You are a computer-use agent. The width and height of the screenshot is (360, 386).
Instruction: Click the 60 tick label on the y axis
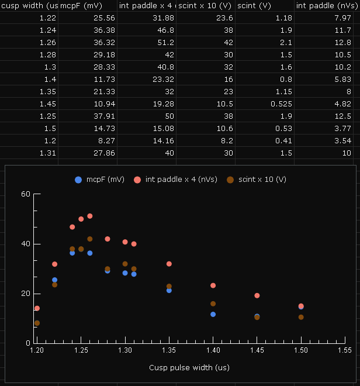tap(25, 194)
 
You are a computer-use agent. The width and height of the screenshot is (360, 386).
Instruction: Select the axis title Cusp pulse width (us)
tap(189, 368)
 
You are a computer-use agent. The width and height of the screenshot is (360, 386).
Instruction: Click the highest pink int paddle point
tap(90, 216)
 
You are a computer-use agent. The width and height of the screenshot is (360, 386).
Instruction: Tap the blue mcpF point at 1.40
tap(213, 314)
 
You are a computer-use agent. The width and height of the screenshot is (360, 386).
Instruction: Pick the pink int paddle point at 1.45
tap(257, 295)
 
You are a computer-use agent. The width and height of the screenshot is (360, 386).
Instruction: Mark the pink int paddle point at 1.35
tap(169, 264)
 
